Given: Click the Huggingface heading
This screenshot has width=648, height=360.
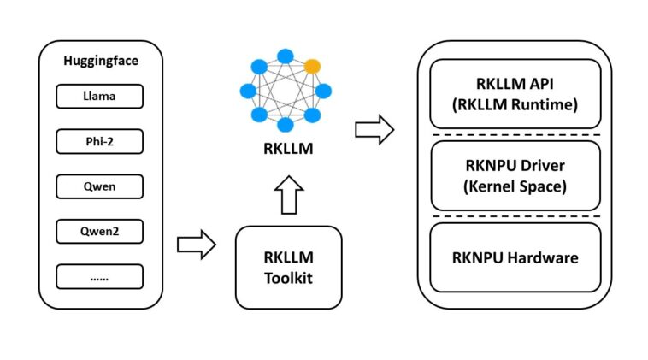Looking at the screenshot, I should [x=100, y=62].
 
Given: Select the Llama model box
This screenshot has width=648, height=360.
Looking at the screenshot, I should [x=99, y=97].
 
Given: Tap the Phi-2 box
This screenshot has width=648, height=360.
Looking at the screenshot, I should [x=99, y=141].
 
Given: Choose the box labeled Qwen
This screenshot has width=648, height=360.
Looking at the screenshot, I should [x=99, y=186].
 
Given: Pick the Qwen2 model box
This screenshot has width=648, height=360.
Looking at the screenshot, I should [x=99, y=231].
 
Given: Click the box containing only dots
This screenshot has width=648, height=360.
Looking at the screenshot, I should [x=99, y=276].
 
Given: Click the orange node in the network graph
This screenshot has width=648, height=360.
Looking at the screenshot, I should [x=313, y=65].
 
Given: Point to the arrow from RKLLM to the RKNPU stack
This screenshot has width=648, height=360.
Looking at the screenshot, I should [x=374, y=131].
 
